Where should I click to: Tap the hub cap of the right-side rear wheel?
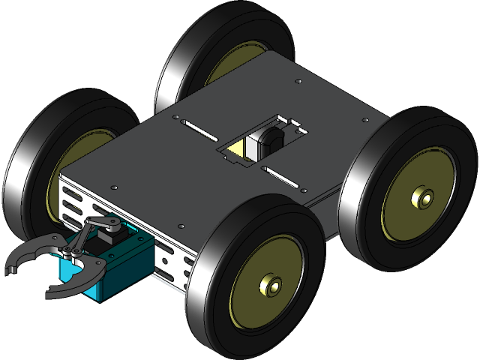(421, 199)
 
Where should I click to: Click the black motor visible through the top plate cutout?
(268, 142)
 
